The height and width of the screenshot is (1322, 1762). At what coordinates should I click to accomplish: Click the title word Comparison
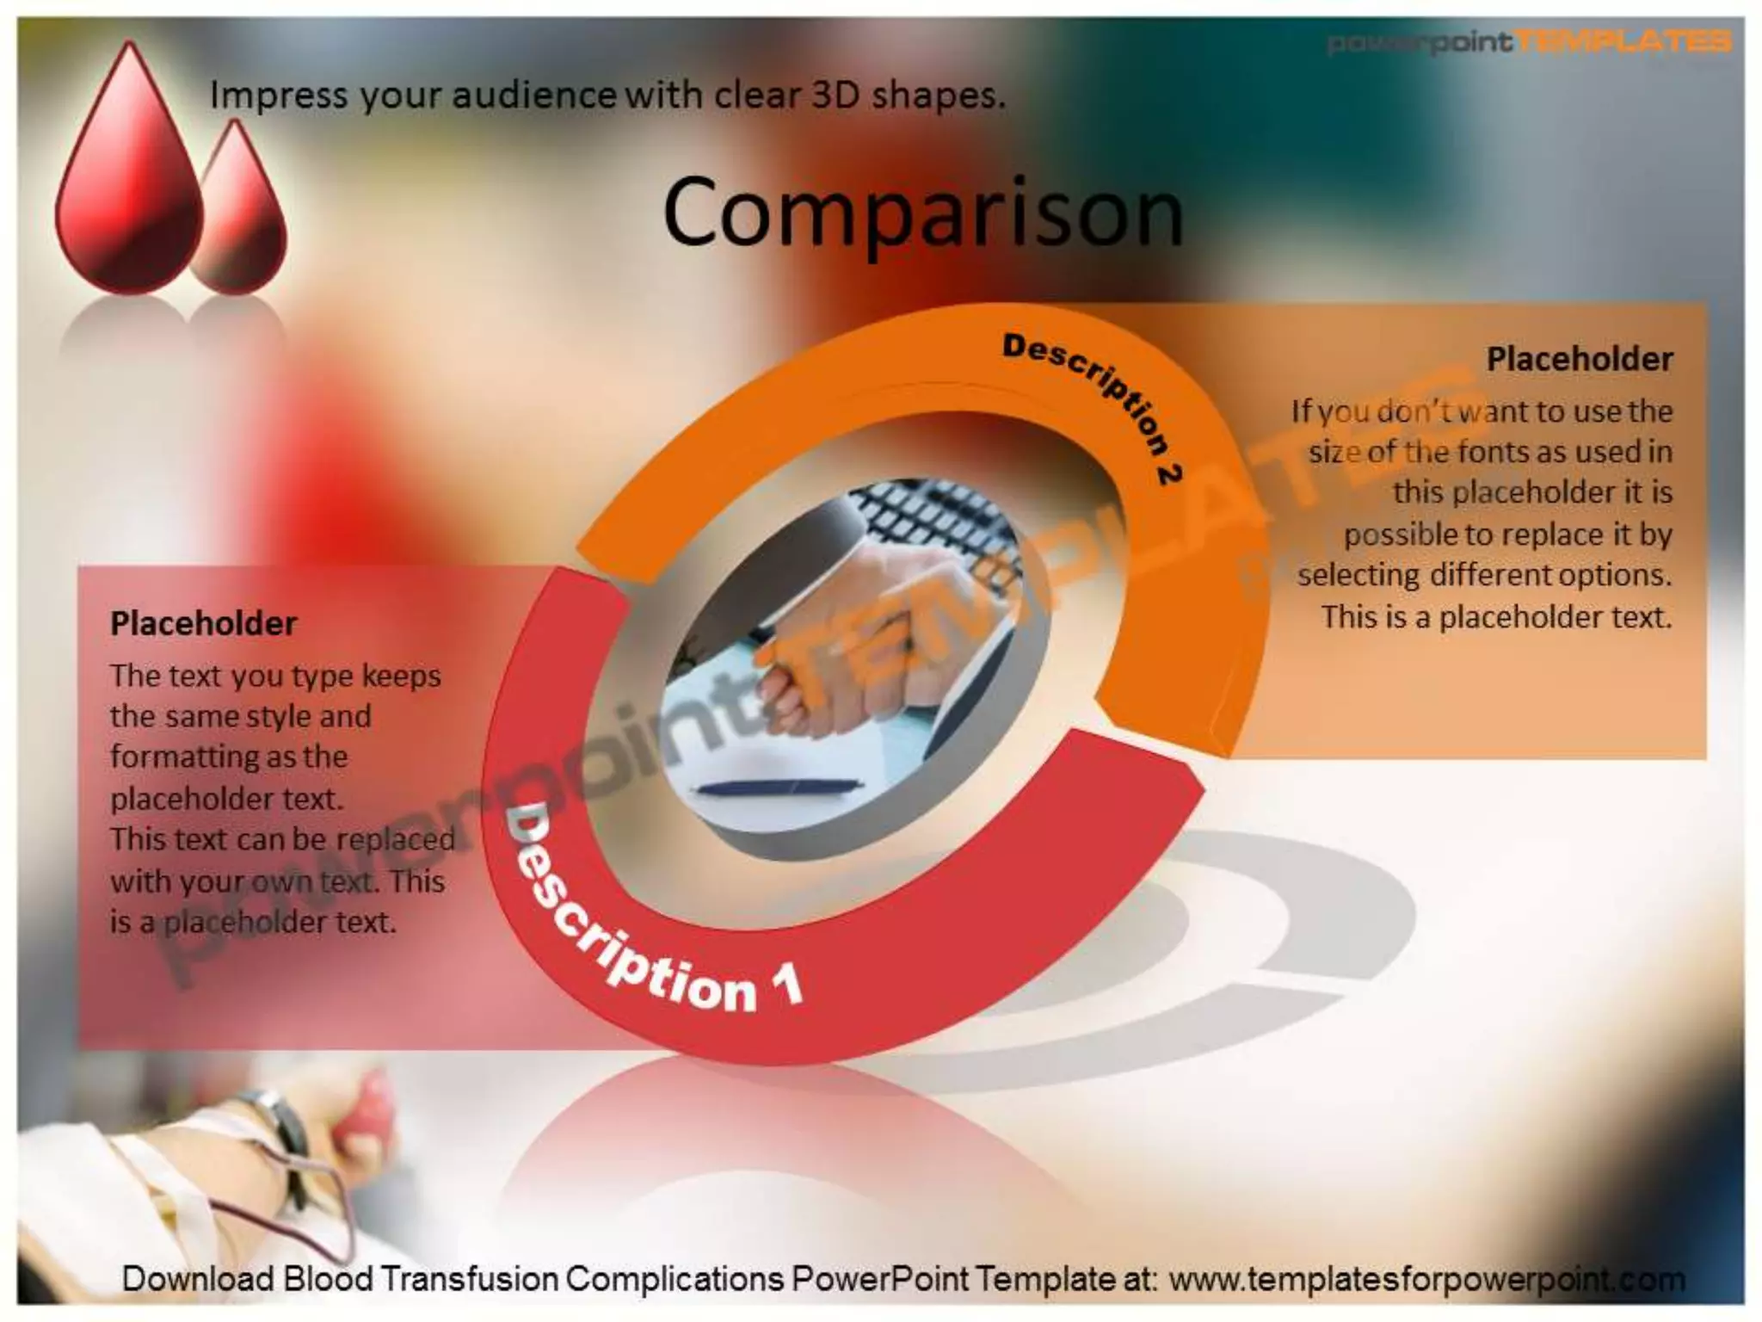click(922, 212)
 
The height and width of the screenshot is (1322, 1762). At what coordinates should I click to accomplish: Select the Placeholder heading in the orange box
click(1579, 360)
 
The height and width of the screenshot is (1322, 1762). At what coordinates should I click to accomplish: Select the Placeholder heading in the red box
click(203, 623)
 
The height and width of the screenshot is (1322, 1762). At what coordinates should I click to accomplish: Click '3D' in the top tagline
click(835, 95)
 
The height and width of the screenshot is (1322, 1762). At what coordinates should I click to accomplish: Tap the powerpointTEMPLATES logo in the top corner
click(1528, 41)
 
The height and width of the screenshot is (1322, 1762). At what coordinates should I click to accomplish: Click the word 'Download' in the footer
click(198, 1279)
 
